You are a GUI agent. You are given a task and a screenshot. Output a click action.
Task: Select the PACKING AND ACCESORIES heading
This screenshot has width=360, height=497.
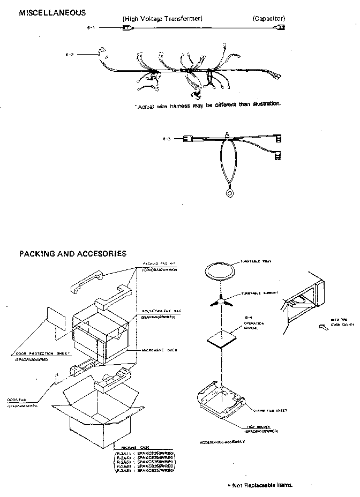click(x=72, y=253)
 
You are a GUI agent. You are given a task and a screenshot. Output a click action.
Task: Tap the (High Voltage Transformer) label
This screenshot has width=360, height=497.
click(x=162, y=19)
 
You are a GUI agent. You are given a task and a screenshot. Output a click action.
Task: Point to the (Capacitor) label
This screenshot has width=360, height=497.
click(x=268, y=19)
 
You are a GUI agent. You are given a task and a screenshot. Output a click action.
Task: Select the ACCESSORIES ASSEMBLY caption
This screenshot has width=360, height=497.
click(x=222, y=442)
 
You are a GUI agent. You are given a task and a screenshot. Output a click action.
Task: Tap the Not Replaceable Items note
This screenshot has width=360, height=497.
click(x=261, y=485)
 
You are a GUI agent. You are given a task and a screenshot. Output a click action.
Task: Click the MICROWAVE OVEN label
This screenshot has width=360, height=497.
click(x=160, y=350)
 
